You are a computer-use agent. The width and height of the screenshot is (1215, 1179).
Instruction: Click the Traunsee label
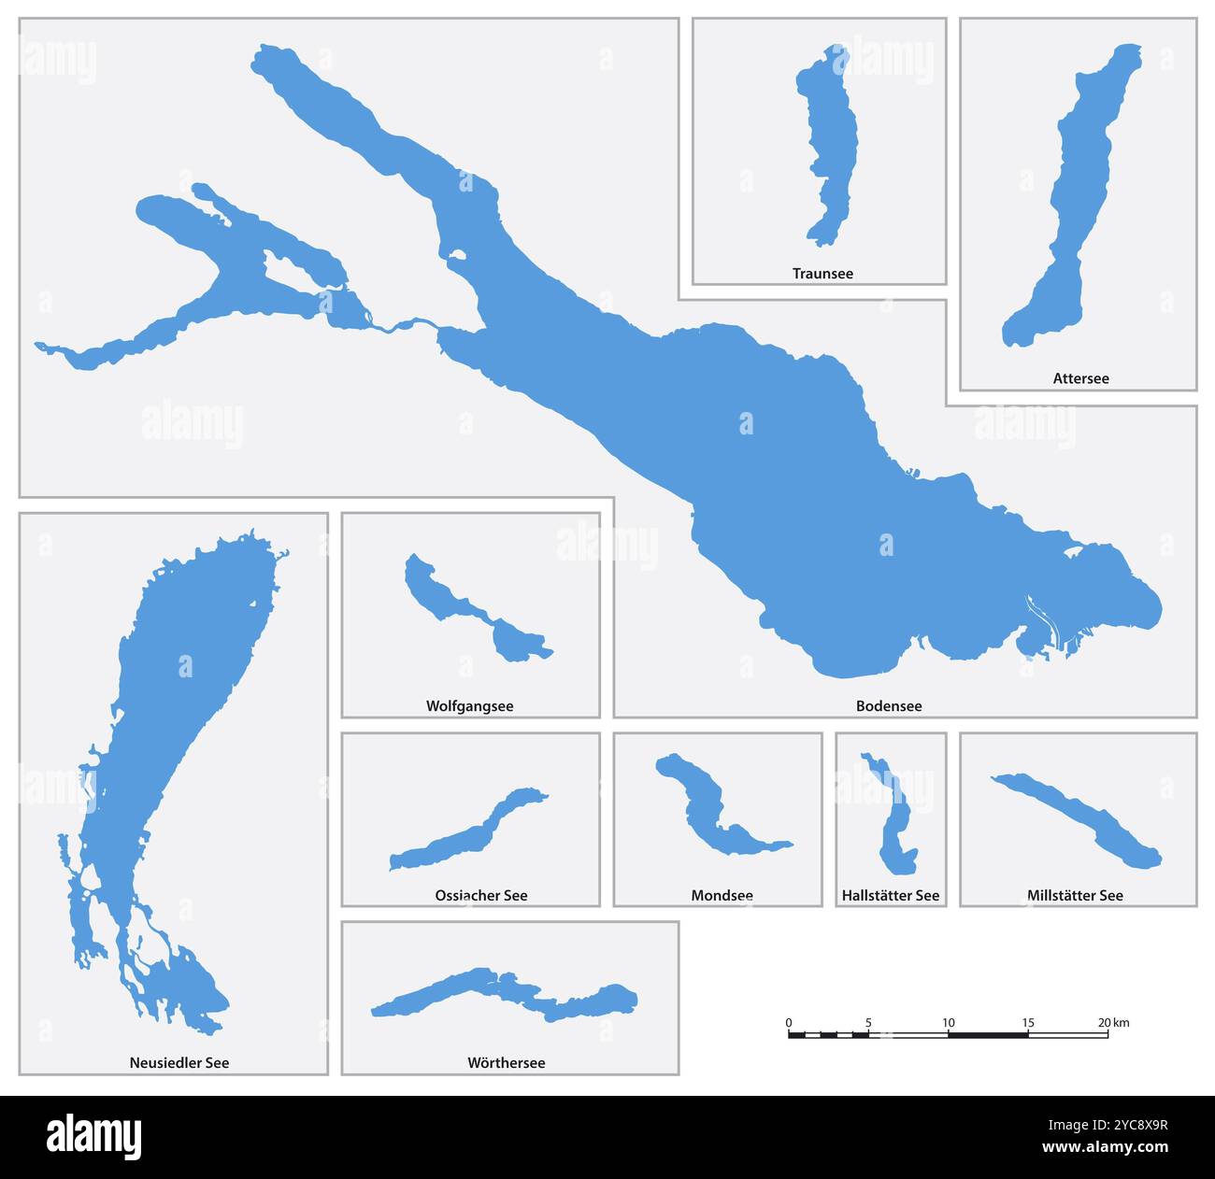click(822, 274)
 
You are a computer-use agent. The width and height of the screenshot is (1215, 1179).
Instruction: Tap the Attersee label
click(1080, 378)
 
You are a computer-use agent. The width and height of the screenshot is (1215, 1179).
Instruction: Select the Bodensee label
click(889, 706)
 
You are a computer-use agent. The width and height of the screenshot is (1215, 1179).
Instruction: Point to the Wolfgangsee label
click(469, 706)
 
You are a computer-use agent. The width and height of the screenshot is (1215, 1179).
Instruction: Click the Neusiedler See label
click(179, 1062)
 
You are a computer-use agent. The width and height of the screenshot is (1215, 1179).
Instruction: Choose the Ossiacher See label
click(480, 895)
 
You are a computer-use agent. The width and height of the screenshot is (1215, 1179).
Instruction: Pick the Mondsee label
click(722, 895)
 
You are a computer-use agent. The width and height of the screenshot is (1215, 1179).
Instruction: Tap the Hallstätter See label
click(890, 895)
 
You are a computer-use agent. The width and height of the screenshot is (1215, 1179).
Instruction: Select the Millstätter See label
click(1075, 895)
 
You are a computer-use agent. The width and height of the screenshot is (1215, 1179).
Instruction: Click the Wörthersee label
click(506, 1062)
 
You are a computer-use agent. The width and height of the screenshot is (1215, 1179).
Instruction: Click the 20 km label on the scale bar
click(1112, 1022)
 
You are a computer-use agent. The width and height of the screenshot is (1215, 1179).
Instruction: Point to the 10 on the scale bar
click(949, 1022)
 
